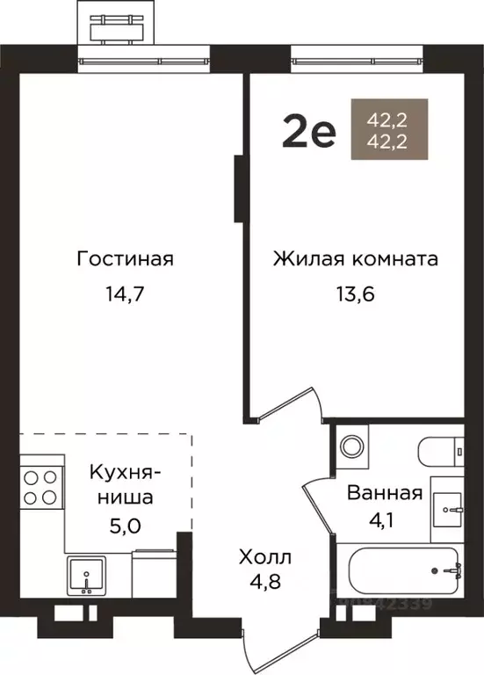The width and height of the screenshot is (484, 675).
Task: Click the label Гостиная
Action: click(125, 259)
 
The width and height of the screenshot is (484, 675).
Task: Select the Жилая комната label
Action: click(355, 259)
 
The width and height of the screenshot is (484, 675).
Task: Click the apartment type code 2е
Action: click(308, 133)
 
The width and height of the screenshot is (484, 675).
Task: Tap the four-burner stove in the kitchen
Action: click(40, 487)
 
